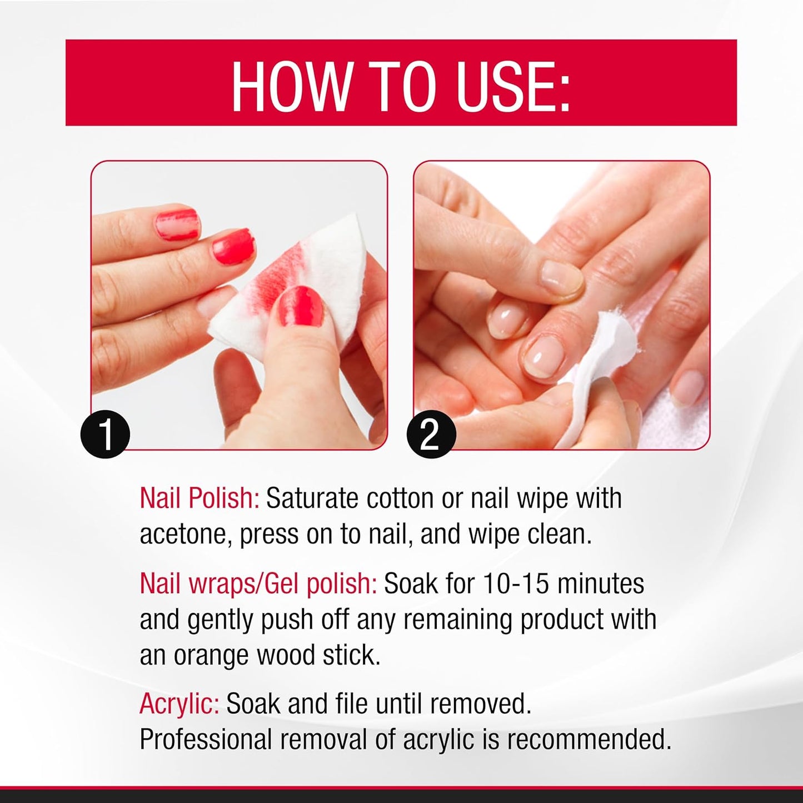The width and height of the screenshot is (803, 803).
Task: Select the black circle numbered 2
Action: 431,434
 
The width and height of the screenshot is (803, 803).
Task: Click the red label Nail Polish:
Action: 199,498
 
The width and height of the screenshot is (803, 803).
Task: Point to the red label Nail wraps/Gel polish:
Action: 258,583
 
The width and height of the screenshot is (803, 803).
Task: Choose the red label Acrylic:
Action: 179,704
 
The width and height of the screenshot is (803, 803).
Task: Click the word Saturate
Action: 312,498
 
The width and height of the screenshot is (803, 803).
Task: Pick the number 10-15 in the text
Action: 516,583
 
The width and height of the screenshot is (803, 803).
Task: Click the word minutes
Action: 601,583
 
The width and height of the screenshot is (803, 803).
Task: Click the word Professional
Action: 206,740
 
